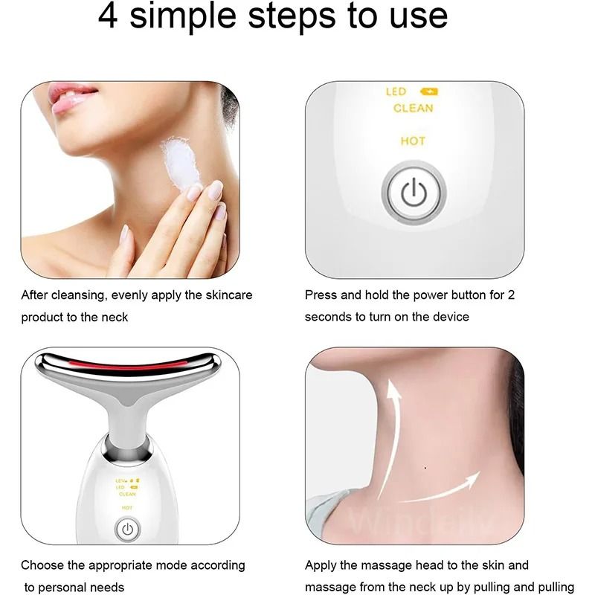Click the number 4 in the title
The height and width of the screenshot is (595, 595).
pos(109,16)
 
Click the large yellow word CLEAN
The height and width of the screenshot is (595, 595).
pos(413,109)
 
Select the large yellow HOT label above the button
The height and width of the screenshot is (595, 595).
pos(413,141)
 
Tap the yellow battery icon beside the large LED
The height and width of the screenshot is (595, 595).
pos(429,92)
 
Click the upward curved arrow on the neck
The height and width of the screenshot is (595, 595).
pos(393,431)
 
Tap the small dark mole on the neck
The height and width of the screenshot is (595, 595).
pos(425,468)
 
